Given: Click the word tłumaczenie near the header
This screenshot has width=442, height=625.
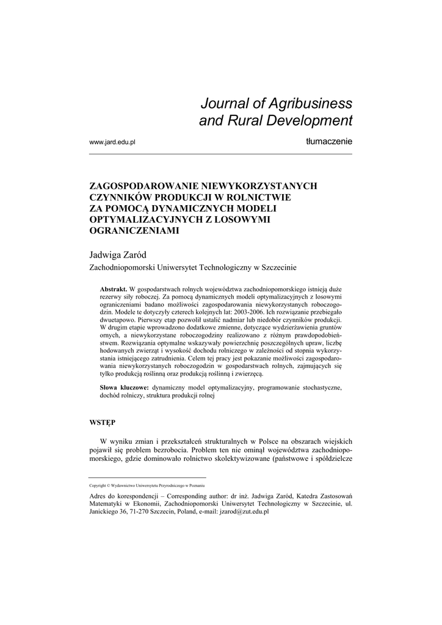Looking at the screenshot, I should [x=329, y=142].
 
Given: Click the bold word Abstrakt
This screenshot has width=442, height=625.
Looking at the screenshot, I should [x=113, y=287].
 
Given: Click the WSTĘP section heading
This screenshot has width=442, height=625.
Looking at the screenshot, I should [x=102, y=422].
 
